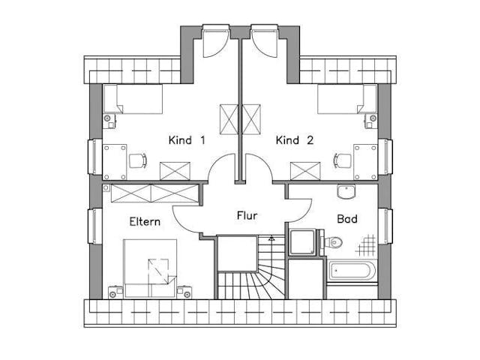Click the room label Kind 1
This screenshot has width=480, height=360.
(x=187, y=140)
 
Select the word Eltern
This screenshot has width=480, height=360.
(x=144, y=222)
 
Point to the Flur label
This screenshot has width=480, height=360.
(x=247, y=216)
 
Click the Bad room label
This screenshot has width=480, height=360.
(x=347, y=221)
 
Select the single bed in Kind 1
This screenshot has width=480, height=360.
(x=133, y=99)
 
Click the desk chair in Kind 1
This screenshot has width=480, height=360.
(x=137, y=160)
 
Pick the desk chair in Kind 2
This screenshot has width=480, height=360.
(x=341, y=160)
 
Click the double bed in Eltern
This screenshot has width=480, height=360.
(x=151, y=268)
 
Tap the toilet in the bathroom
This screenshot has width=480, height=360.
(x=334, y=241)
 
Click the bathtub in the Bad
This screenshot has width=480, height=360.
(x=352, y=271)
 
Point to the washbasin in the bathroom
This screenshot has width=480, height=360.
(x=347, y=193)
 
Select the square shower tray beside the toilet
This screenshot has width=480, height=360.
(x=304, y=241)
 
